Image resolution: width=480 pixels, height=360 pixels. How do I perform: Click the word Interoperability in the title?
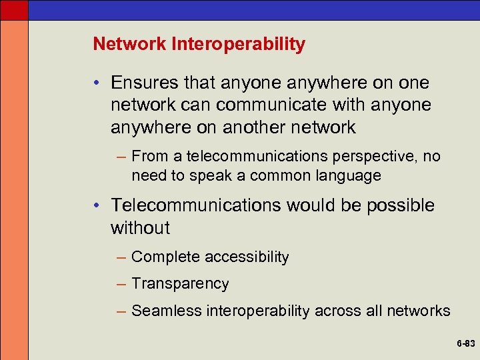coord(239,45)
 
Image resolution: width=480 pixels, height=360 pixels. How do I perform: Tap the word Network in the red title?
coord(131,45)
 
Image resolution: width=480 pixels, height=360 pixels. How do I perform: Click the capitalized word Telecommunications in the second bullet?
coord(197,205)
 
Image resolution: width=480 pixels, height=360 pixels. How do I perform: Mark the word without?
coord(141,228)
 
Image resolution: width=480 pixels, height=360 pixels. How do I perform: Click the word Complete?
coord(166,257)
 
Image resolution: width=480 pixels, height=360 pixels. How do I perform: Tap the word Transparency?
coord(181,284)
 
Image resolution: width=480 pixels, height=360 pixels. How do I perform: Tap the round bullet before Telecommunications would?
coord(97,206)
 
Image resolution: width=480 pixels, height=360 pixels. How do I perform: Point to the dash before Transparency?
coord(121,284)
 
